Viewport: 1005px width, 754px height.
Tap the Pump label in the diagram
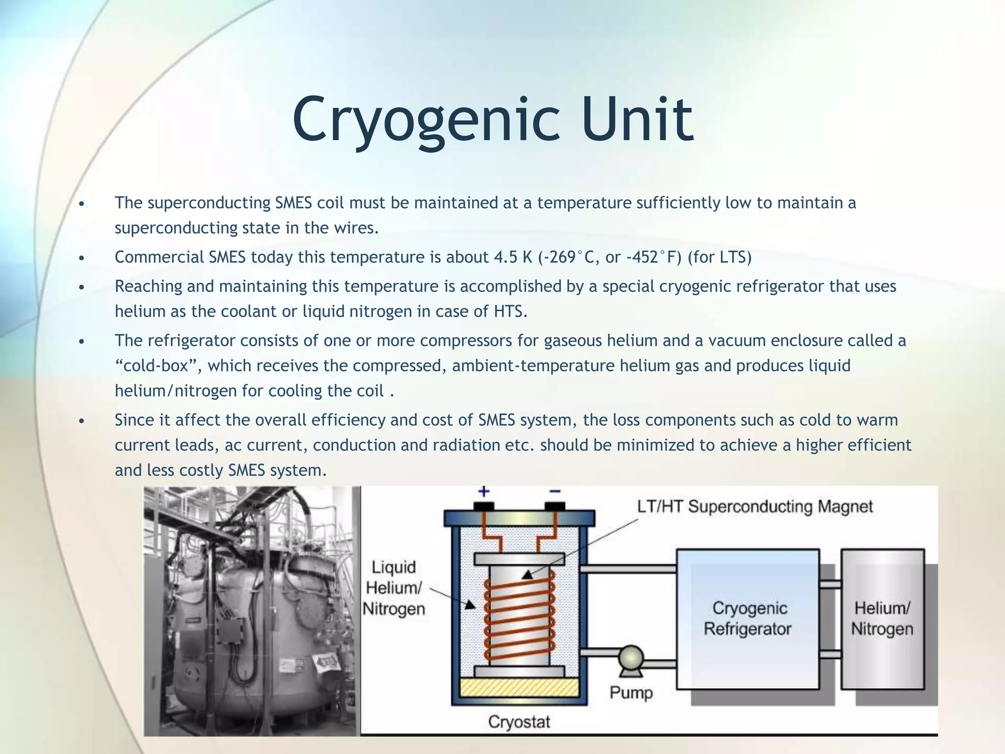(631, 693)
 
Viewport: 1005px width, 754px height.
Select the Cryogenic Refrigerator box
(747, 619)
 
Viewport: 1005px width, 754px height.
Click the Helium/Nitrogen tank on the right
(882, 619)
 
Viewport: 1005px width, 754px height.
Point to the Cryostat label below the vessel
(519, 722)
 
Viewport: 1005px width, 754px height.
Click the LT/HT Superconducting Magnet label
(755, 507)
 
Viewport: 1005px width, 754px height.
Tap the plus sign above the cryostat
(484, 491)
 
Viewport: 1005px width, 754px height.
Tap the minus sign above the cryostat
(555, 491)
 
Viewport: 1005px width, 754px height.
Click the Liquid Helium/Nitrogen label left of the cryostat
(394, 588)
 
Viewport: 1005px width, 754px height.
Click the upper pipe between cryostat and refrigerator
(628, 569)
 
